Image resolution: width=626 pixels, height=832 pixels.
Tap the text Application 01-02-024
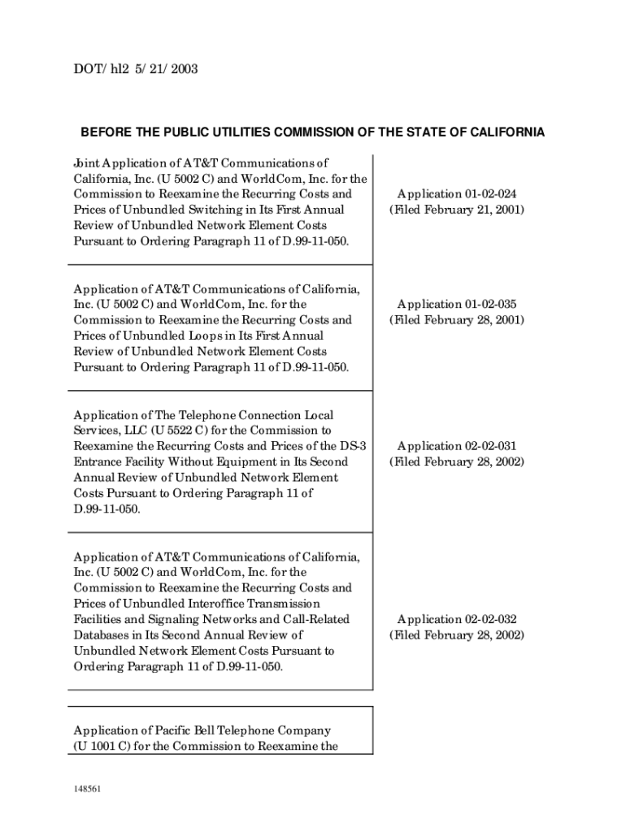pos(456,194)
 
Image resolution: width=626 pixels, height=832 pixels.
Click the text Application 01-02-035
pos(456,305)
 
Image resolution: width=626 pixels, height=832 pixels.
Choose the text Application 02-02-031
pos(456,446)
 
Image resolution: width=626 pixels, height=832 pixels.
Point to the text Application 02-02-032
pos(456,619)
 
